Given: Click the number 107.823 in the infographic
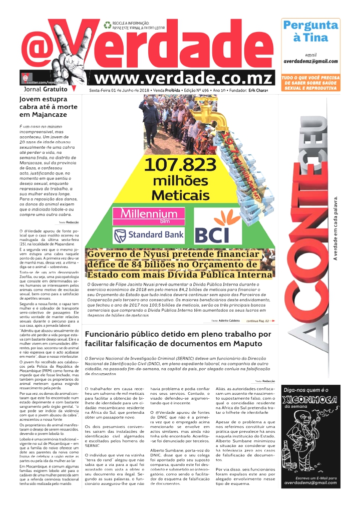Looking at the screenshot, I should [x=180, y=165].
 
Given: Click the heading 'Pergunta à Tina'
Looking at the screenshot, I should [x=310, y=31].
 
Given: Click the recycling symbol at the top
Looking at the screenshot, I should [x=108, y=24].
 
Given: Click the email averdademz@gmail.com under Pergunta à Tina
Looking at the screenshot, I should [x=310, y=61].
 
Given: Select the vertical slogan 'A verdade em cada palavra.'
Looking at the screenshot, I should [x=336, y=228].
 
